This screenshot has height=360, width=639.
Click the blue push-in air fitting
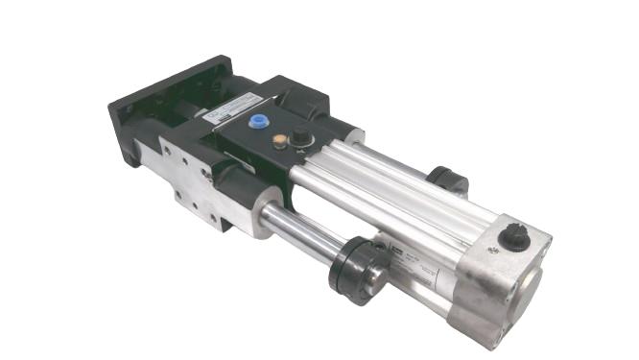(x=257, y=123)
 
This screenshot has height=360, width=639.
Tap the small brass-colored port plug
(x=279, y=140)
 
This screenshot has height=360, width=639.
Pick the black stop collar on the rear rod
(x=448, y=179)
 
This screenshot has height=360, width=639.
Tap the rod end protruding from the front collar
(x=376, y=277)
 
